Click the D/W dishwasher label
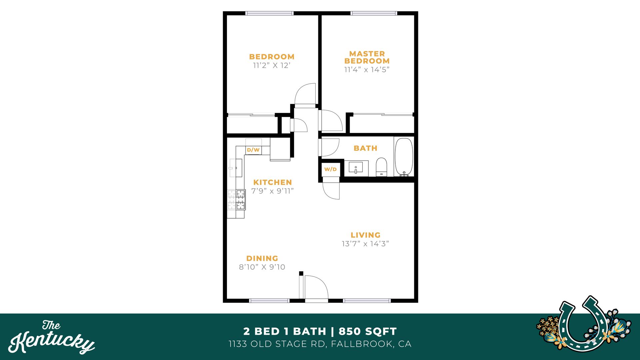(x=253, y=150)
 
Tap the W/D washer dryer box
(x=330, y=169)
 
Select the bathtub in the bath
(x=404, y=157)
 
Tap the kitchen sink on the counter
(x=236, y=168)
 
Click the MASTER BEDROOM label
(x=367, y=57)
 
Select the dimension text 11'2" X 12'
(x=272, y=66)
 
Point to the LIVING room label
(x=365, y=235)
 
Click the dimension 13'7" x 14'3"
(x=365, y=244)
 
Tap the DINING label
(x=262, y=258)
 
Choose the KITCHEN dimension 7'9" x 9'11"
(x=272, y=191)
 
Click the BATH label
(x=365, y=148)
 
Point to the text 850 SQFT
(x=368, y=331)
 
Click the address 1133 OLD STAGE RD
(x=277, y=344)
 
